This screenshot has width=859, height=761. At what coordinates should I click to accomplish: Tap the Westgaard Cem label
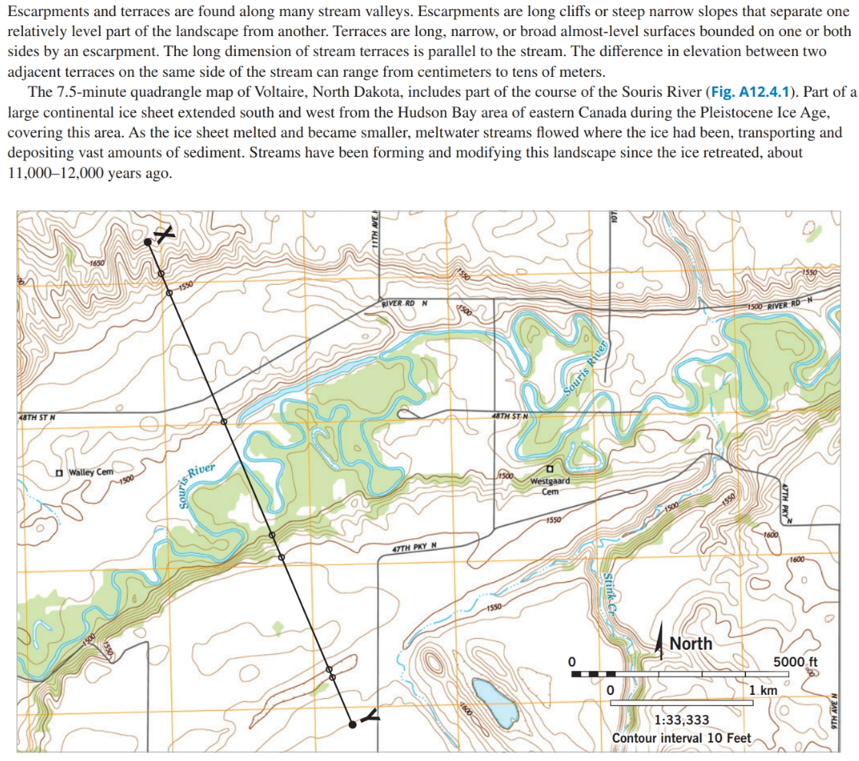[549, 486]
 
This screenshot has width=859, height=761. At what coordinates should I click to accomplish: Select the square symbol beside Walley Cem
[58, 471]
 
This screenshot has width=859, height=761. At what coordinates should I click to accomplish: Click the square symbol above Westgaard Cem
[549, 468]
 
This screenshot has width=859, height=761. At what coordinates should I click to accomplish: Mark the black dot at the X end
[148, 242]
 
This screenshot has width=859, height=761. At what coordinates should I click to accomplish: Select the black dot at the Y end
[352, 724]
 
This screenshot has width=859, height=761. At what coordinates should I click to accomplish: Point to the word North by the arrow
[691, 644]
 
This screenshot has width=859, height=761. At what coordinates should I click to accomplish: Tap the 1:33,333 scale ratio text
[682, 720]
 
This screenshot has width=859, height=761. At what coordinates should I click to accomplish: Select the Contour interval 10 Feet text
[682, 738]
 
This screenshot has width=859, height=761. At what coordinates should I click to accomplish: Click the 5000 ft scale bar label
[796, 661]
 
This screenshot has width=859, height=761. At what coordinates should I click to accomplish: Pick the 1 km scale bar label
[763, 690]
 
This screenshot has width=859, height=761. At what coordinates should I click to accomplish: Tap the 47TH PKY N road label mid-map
[414, 547]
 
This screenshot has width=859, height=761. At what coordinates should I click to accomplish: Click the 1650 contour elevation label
[97, 263]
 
